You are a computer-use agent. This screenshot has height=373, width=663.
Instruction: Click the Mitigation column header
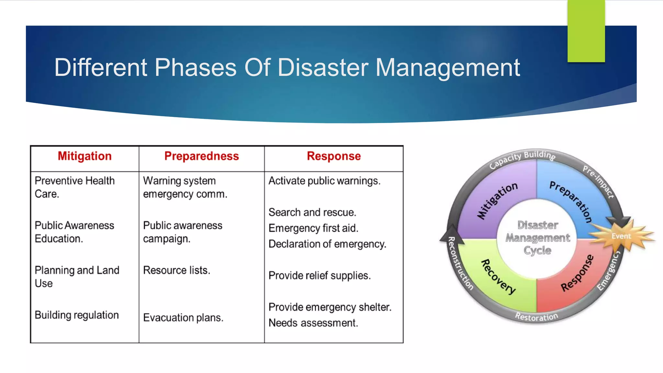(x=84, y=156)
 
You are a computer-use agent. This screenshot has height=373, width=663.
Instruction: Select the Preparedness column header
(x=201, y=156)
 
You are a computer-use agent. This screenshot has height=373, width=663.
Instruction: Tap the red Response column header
(x=333, y=156)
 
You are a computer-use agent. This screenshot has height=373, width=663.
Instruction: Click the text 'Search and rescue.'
(x=312, y=212)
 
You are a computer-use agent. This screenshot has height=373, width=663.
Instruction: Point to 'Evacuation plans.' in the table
(x=183, y=318)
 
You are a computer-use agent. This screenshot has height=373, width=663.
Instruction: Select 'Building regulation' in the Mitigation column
(x=77, y=315)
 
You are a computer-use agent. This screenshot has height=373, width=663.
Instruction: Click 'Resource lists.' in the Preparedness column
(x=176, y=270)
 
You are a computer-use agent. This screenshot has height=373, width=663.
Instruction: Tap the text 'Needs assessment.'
(x=313, y=323)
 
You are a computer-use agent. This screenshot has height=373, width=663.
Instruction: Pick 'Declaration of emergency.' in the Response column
(x=327, y=244)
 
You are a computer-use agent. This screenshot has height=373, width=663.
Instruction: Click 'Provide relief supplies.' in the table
(x=320, y=276)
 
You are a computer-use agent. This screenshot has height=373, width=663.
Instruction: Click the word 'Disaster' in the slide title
(x=323, y=67)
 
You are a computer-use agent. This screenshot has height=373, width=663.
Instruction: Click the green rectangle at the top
(x=586, y=31)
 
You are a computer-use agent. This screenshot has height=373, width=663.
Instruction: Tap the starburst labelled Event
(x=621, y=236)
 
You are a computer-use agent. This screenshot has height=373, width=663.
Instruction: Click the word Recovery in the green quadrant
(x=498, y=277)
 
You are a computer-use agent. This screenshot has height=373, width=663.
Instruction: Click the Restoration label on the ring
(x=536, y=317)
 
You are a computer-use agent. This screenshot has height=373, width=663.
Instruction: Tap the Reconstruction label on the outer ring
(x=460, y=263)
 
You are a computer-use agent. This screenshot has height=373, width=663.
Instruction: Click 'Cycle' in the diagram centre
(x=537, y=250)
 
